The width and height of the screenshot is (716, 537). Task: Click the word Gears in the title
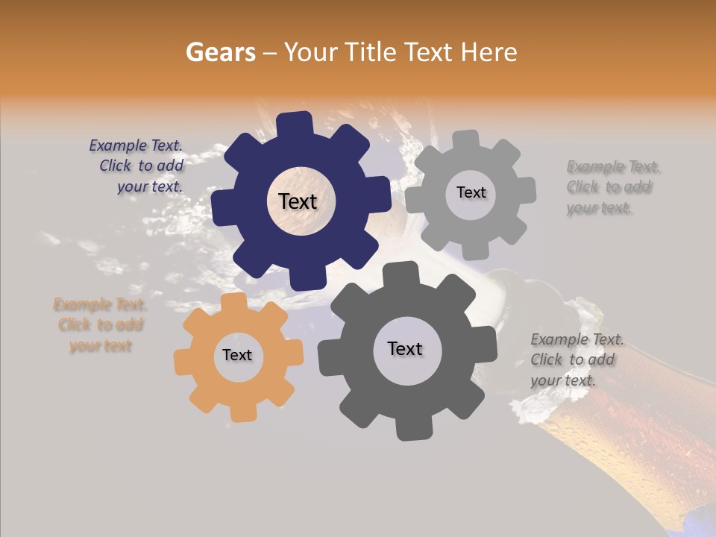220,52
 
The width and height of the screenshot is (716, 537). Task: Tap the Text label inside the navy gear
298,201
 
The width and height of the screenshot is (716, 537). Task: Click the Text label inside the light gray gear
471,192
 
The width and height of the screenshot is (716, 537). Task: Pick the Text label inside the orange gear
237,355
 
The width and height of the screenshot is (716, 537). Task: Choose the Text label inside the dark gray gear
405,348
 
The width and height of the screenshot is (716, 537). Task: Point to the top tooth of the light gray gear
465,139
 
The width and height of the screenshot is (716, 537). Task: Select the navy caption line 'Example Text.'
136,146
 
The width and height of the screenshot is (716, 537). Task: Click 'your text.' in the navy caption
150,186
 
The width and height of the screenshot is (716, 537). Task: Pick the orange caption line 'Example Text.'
100,304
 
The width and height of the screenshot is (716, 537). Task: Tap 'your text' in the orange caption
101,345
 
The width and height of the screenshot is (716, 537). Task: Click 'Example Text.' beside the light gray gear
613,166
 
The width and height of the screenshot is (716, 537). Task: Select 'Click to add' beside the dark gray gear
573,359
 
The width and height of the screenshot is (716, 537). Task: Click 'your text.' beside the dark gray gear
563,380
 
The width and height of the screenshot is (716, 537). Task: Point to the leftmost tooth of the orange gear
182,361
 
